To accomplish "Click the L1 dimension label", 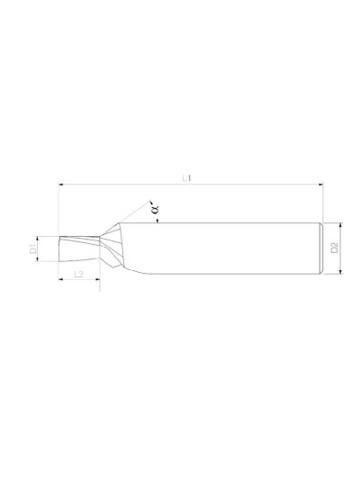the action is (x=186, y=177).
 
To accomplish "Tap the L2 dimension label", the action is (x=78, y=274).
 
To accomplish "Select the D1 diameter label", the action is (x=32, y=249).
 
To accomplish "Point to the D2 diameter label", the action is (x=334, y=248).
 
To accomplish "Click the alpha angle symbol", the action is (x=155, y=208).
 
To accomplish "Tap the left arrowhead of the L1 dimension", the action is (x=60, y=185).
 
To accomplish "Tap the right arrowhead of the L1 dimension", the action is (x=320, y=185).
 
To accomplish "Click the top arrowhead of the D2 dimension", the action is (x=341, y=226).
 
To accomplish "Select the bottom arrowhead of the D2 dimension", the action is (x=341, y=272).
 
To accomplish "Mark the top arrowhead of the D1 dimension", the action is (x=37, y=239).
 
